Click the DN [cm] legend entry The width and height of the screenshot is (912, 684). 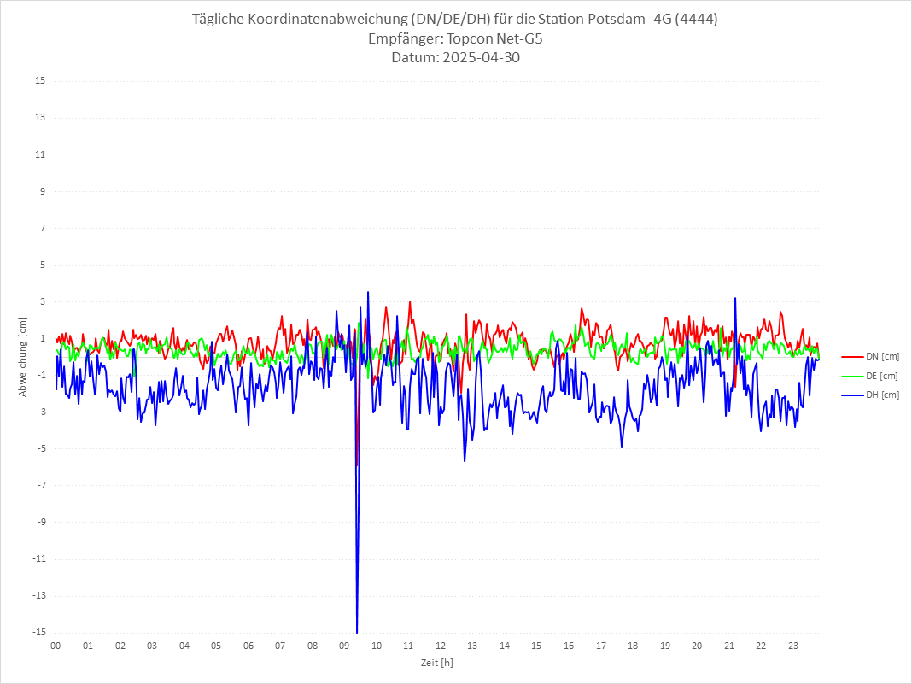870,356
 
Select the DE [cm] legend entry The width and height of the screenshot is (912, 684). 870,376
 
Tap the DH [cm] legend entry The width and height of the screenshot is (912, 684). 870,395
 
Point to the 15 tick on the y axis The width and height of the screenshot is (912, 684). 40,81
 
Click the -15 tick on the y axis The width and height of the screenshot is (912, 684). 38,632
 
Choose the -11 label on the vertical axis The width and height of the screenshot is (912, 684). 38,558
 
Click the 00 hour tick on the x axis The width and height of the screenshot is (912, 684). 56,646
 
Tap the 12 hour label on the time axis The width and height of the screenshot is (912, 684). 441,646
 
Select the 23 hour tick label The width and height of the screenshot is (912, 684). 793,646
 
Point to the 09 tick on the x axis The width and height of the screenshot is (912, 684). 344,646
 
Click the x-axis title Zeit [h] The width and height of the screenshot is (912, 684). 436,663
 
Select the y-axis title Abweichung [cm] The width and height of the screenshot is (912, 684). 23,356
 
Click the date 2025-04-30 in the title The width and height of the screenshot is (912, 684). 477,58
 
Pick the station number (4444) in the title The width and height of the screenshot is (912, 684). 696,19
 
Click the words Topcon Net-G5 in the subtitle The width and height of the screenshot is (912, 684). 494,38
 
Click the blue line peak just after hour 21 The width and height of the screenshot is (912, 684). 734,299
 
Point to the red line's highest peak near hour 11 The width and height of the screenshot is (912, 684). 410,301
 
